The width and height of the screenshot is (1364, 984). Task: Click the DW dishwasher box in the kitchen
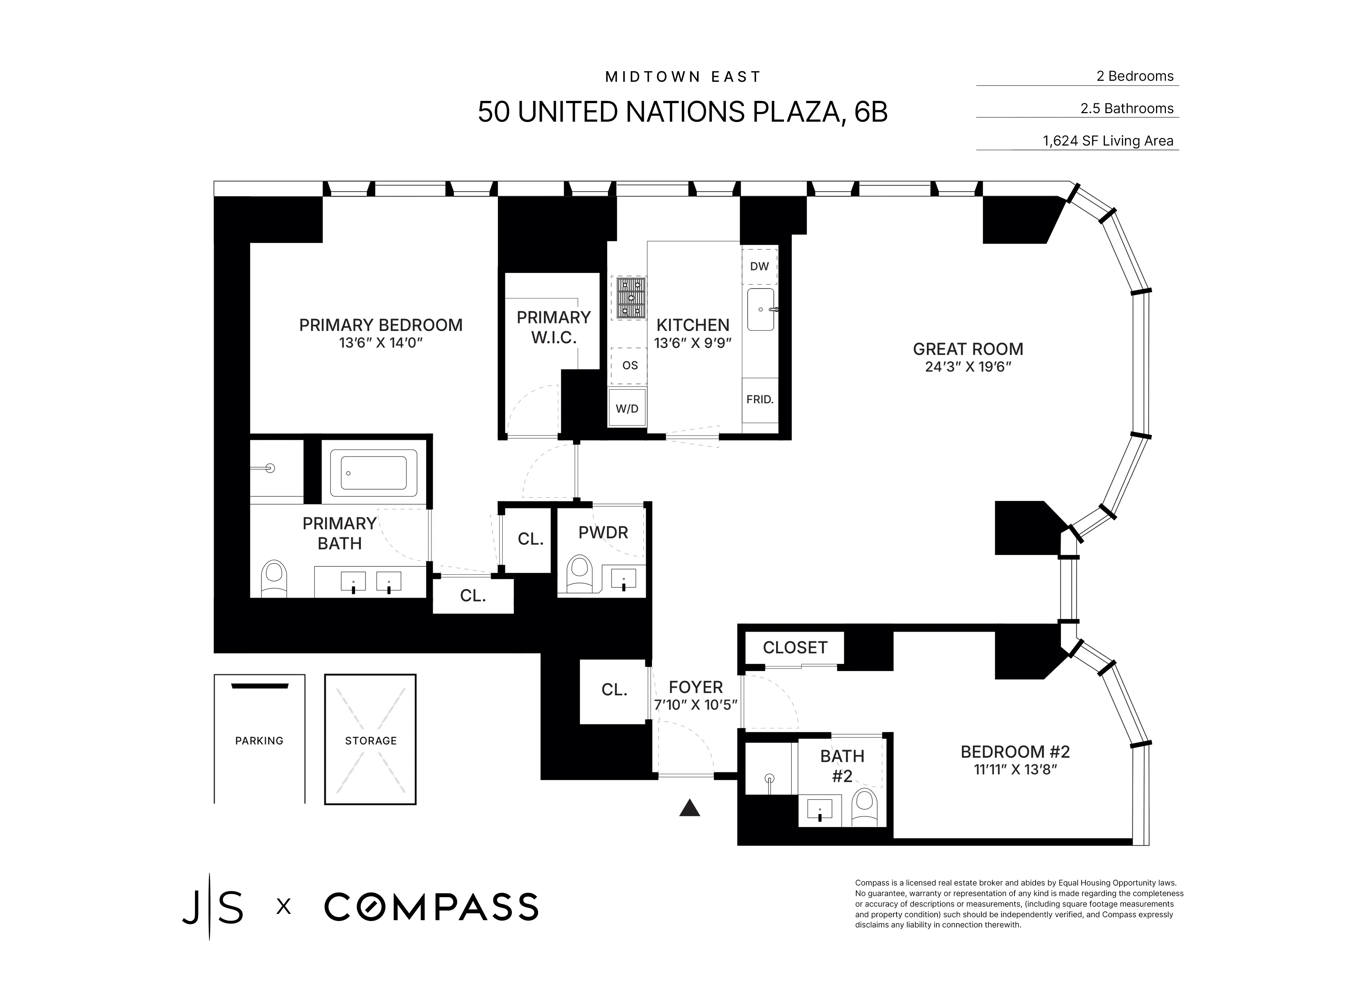[x=759, y=266]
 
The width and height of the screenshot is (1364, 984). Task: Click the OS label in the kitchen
[x=630, y=365]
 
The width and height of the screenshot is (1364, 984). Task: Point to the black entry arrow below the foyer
[x=690, y=808]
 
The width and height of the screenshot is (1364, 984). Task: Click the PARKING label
[x=259, y=741]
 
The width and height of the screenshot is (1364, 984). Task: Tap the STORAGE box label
[x=370, y=741]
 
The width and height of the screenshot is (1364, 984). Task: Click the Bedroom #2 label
[x=1014, y=751]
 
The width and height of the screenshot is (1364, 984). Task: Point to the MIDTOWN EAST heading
[x=683, y=77]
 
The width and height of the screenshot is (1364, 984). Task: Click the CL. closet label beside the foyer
[x=614, y=690]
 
